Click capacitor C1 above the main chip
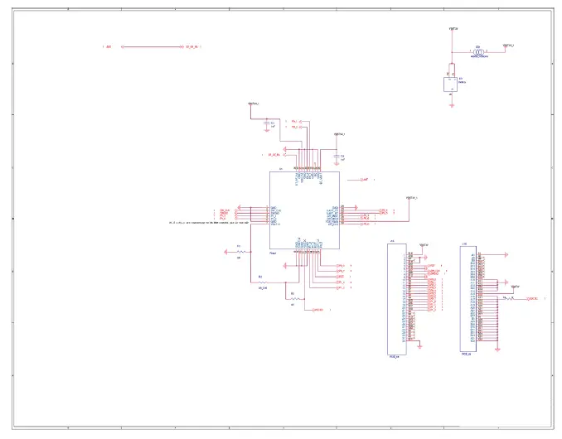coord(265,123)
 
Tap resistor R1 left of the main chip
coord(240,251)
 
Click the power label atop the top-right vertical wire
coord(453,29)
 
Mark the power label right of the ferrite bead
coord(507,45)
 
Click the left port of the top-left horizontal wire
coord(124,46)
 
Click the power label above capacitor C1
coord(254,104)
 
